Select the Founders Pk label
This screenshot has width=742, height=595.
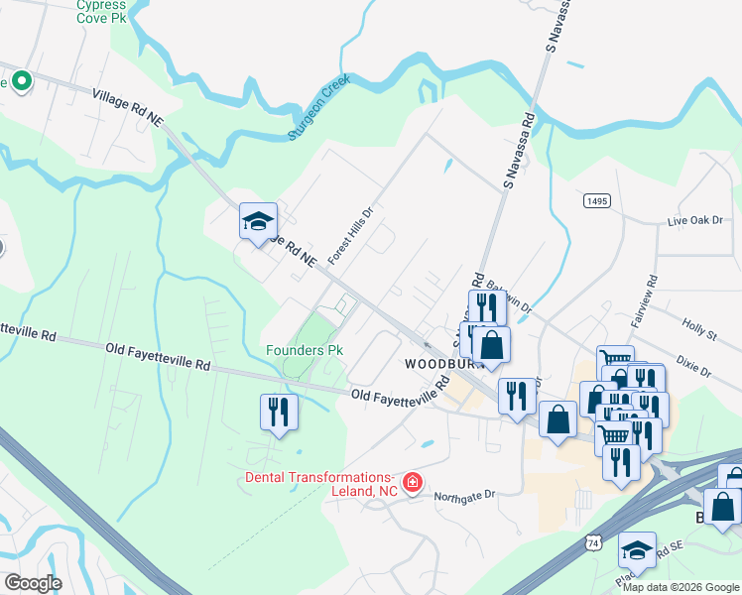click(x=305, y=351)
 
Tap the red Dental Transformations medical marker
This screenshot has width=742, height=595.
click(x=412, y=483)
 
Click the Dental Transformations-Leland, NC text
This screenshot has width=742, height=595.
click(x=321, y=484)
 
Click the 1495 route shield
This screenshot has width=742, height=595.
click(x=596, y=200)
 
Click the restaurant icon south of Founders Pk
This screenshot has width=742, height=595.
click(x=279, y=411)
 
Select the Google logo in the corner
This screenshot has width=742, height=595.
click(x=34, y=582)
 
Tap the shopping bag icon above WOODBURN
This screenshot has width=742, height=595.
click(x=491, y=346)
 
